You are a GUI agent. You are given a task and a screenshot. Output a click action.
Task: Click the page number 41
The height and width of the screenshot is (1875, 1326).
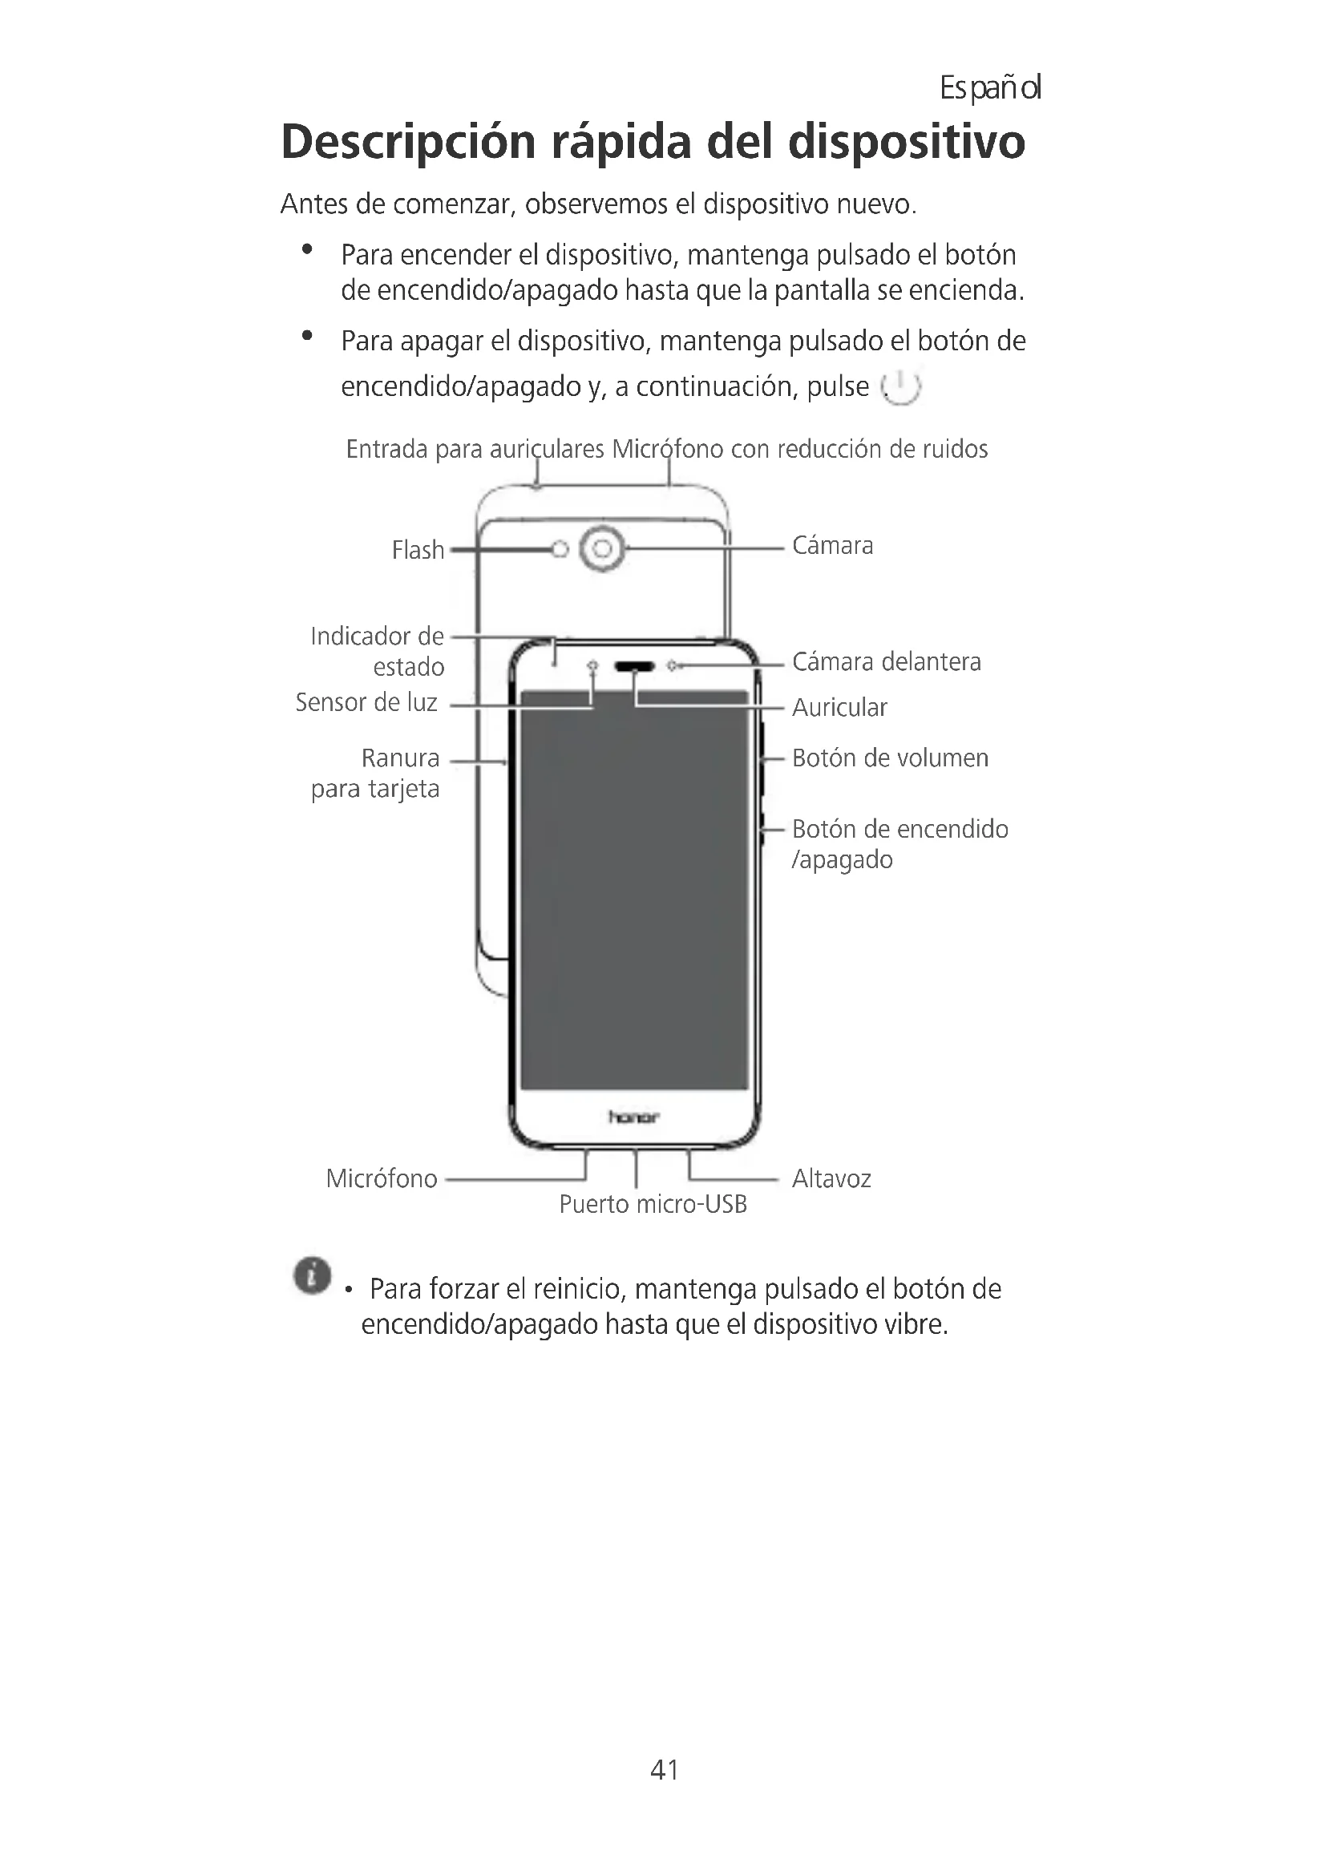click(x=664, y=1769)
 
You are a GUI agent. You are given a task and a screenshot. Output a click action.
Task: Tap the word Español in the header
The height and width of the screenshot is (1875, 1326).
click(x=989, y=87)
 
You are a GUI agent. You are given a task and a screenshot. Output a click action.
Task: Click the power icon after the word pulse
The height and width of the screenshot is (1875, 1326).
click(x=900, y=386)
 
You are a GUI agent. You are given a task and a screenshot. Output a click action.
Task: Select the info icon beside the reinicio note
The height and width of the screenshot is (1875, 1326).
click(x=312, y=1275)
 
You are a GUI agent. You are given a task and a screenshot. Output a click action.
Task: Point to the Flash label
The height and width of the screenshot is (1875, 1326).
click(x=417, y=550)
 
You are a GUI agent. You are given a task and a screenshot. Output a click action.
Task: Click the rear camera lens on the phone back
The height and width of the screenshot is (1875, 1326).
click(x=603, y=549)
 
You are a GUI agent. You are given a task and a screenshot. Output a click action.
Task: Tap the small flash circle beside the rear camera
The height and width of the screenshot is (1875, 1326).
click(x=560, y=550)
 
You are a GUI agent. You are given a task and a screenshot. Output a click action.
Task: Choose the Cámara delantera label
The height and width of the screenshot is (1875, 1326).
click(x=886, y=661)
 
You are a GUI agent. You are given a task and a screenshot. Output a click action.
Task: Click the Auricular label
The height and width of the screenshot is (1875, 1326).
click(x=839, y=707)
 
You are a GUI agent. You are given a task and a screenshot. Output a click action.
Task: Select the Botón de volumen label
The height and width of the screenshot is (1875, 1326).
click(x=889, y=758)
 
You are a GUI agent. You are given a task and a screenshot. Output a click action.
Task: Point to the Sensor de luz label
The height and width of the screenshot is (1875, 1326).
click(x=366, y=702)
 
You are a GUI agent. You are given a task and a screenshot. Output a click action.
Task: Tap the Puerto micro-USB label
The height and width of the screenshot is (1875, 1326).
click(x=653, y=1204)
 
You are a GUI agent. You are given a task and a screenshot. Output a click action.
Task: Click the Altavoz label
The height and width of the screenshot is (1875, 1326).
click(x=831, y=1178)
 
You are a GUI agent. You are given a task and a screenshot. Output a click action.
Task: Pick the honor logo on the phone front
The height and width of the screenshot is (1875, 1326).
click(x=633, y=1117)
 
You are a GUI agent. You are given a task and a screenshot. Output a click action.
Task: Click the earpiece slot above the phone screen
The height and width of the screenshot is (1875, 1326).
click(x=634, y=666)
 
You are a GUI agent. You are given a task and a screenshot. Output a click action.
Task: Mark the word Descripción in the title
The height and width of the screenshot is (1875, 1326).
click(x=407, y=142)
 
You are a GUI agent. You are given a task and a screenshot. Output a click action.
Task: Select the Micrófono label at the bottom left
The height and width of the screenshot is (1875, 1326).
click(x=382, y=1178)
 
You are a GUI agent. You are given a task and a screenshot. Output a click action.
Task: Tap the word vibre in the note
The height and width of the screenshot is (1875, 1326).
click(x=916, y=1323)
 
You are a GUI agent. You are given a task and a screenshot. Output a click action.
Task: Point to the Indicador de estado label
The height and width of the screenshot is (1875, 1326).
click(x=378, y=651)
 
